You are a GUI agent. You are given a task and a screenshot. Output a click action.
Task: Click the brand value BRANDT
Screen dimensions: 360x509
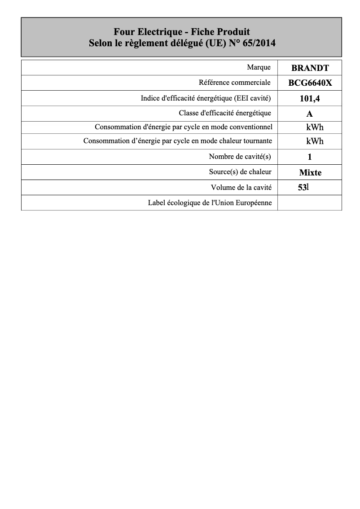coord(310,68)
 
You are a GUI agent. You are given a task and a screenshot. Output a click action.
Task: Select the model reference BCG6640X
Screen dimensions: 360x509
coord(310,83)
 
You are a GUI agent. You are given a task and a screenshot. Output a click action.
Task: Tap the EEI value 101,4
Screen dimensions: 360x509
coord(310,98)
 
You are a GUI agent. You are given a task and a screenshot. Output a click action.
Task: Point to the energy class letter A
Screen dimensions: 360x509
coord(310,114)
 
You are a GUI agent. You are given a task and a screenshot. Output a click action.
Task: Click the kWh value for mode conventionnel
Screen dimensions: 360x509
coord(315,127)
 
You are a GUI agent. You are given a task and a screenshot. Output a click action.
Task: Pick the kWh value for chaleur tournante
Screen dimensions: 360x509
coord(315,141)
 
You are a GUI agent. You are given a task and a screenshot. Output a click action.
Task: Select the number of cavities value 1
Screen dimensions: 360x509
coord(310,157)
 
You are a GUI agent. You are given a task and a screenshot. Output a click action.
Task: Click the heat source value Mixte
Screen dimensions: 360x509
coord(310,172)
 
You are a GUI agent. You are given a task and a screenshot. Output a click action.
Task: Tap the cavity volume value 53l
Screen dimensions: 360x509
coord(303,188)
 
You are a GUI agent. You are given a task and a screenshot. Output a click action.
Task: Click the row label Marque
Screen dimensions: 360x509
coord(259,67)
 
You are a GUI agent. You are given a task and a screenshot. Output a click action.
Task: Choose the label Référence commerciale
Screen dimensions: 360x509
coord(235,83)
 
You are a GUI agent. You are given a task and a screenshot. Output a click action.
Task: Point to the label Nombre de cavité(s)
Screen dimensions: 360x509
coord(240,157)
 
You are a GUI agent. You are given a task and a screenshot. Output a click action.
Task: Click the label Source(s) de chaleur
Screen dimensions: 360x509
coord(240,172)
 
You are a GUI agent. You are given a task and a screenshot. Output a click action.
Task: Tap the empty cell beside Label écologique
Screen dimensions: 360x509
coord(310,203)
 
